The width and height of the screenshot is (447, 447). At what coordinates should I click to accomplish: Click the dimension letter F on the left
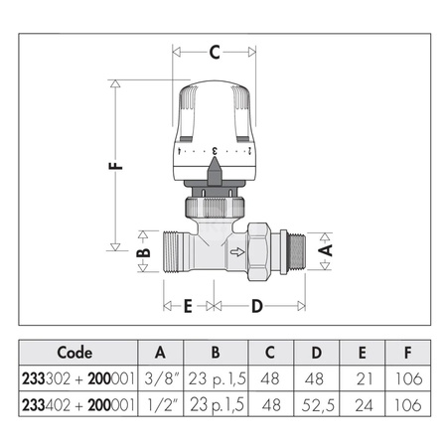[x=117, y=167]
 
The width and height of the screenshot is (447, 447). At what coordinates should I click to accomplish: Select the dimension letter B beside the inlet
[x=142, y=255]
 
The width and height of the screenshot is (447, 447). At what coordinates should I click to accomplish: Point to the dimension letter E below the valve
[x=187, y=307]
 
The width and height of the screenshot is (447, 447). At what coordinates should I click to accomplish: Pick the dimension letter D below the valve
[x=256, y=307]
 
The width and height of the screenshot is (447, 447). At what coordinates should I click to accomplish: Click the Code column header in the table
[x=74, y=352]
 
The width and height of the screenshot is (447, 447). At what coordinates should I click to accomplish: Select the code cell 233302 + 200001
[x=74, y=379]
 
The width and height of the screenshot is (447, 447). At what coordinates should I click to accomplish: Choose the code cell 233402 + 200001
[x=74, y=406]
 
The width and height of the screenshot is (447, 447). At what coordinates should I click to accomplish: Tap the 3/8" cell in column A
[x=162, y=379]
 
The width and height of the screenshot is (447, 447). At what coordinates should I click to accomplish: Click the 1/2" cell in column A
[x=162, y=406]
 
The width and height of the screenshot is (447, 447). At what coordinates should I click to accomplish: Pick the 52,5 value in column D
[x=315, y=406]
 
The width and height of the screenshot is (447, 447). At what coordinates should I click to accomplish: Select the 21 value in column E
[x=364, y=379]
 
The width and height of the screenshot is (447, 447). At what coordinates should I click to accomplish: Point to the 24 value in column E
[x=364, y=406]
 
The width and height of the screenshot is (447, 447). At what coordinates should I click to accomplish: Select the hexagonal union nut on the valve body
[x=271, y=254]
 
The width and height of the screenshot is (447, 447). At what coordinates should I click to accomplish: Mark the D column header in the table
[x=315, y=352]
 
